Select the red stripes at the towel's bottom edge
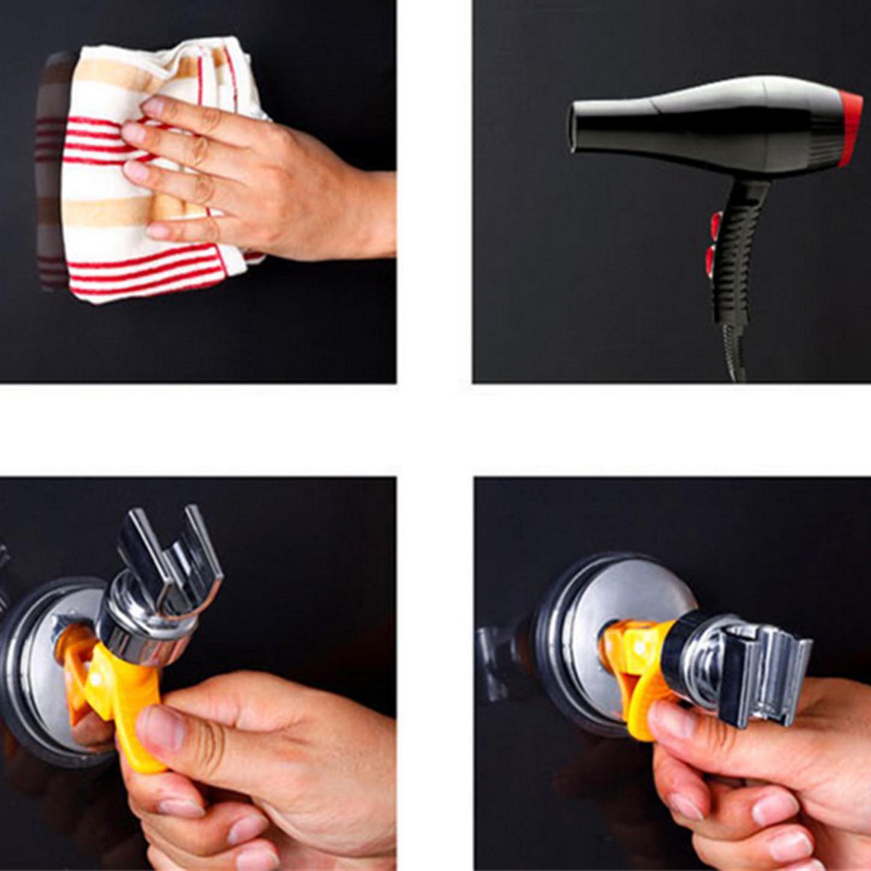(147, 272)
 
